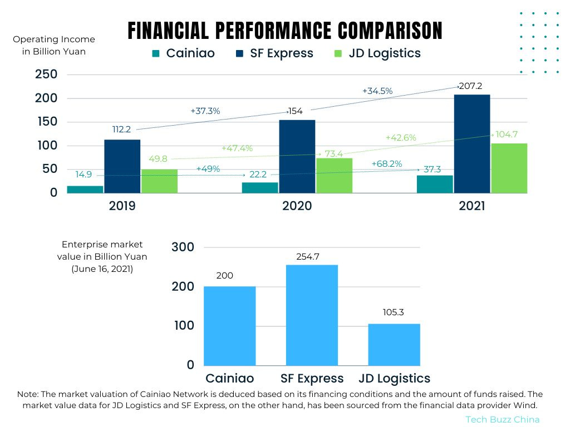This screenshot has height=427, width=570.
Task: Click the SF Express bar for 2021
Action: point(472,143)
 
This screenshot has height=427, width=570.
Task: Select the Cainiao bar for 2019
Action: point(85,189)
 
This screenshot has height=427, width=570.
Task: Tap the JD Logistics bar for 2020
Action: point(334,175)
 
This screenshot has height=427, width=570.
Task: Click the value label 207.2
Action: point(470,87)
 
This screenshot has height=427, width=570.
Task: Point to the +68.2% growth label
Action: point(386,163)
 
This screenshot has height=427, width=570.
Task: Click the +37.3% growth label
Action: point(205,111)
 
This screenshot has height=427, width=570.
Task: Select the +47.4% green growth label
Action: point(237,148)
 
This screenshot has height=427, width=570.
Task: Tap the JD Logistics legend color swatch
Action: point(338,54)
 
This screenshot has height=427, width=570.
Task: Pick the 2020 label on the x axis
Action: point(297,206)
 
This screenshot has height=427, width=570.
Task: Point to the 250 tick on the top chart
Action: point(46,75)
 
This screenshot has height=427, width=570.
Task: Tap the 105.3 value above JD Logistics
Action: point(394,312)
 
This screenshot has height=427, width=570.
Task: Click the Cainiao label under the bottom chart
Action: point(229,379)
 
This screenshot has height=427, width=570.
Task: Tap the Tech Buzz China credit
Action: point(502,419)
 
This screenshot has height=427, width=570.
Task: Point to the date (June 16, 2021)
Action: point(102,269)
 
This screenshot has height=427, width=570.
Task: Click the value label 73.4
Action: point(334,153)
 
